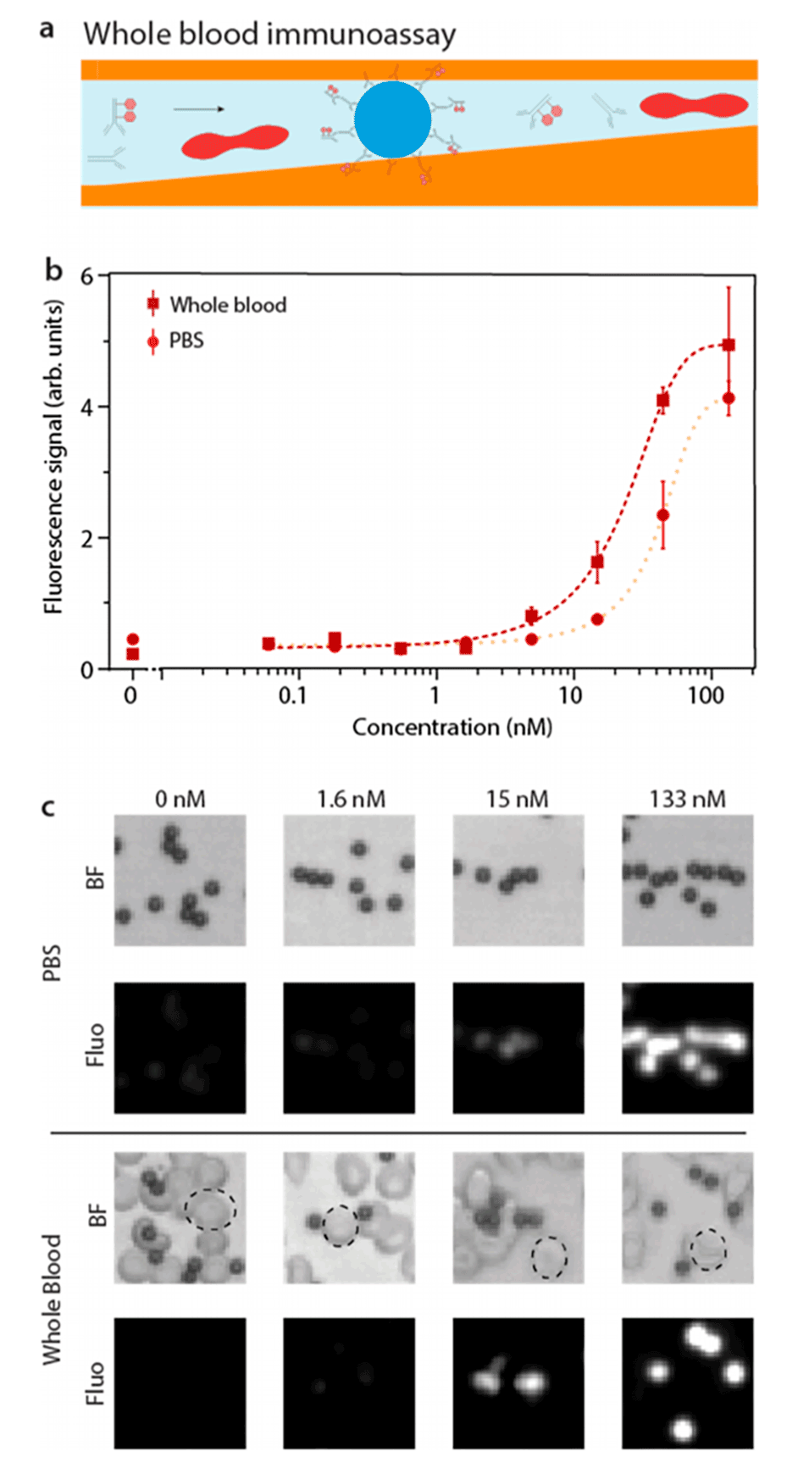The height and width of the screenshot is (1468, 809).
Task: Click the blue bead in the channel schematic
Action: click(x=392, y=119)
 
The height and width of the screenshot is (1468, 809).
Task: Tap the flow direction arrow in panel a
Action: click(x=199, y=108)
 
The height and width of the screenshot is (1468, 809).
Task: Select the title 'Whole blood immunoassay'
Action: click(x=269, y=35)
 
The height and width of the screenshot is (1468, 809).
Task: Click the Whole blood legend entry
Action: click(x=218, y=304)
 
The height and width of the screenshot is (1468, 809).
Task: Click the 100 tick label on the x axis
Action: click(x=706, y=696)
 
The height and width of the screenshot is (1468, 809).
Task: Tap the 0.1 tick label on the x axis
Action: click(x=292, y=696)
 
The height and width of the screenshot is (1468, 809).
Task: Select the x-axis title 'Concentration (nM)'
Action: click(x=452, y=727)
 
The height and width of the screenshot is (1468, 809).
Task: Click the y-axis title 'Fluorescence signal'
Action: click(x=53, y=457)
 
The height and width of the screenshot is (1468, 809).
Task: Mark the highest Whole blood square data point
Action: click(x=729, y=345)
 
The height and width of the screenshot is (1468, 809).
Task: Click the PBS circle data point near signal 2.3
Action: click(x=662, y=515)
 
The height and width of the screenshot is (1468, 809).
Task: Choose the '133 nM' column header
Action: click(x=687, y=799)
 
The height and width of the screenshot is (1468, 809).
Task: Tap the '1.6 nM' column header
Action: click(x=351, y=799)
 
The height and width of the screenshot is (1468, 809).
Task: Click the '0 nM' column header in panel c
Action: click(x=180, y=799)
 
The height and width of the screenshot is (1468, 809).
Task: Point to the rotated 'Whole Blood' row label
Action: click(x=53, y=1299)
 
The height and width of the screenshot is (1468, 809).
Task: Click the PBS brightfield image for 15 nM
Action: click(x=518, y=880)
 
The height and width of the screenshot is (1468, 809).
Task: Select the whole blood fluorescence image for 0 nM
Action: click(x=180, y=1382)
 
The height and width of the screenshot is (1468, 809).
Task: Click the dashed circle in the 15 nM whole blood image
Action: click(x=549, y=1257)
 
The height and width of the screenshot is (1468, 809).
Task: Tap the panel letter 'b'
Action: click(x=53, y=270)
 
